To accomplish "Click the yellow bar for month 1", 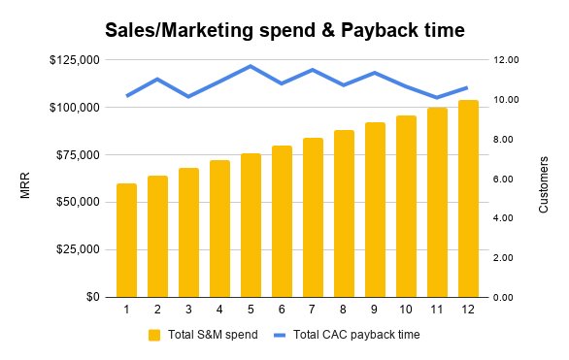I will tap(126, 240).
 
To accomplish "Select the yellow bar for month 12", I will tap(468, 199).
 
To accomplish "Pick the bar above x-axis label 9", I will tap(375, 210).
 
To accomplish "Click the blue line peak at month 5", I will tap(251, 66).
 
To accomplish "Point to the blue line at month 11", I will tap(437, 97).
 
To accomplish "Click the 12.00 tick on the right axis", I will tap(508, 60).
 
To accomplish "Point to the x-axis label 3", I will tap(188, 310).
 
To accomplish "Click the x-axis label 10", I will tap(406, 310).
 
